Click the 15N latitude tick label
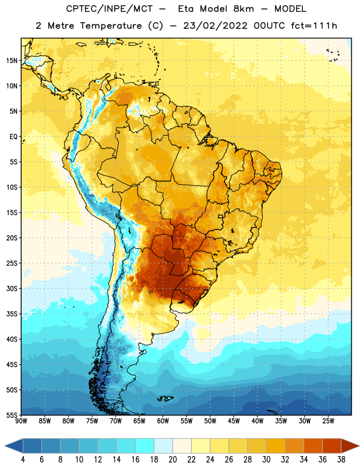point(12,61)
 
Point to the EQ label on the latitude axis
point(13,137)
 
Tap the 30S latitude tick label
point(12,288)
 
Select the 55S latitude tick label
point(12,415)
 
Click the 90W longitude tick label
point(21,421)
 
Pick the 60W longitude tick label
point(163,421)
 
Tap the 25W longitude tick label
point(328,421)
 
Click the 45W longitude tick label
point(234,421)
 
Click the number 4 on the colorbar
point(23,460)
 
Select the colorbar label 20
point(172,460)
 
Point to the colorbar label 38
point(341,460)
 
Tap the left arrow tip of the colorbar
point(5,446)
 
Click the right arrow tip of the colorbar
point(359,446)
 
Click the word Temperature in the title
point(111,26)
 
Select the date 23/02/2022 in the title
point(215,26)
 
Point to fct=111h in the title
point(314,26)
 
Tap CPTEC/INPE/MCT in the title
point(109,9)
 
